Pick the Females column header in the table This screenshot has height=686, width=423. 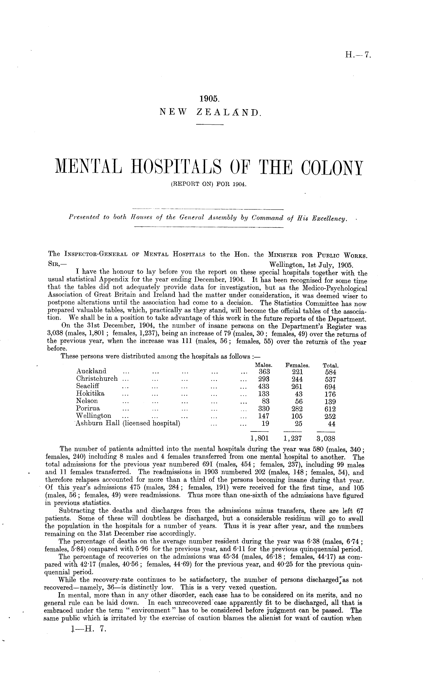coord(297,365)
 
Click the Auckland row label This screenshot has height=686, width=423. coord(91,371)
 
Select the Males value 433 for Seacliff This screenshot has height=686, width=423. coord(264,387)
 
